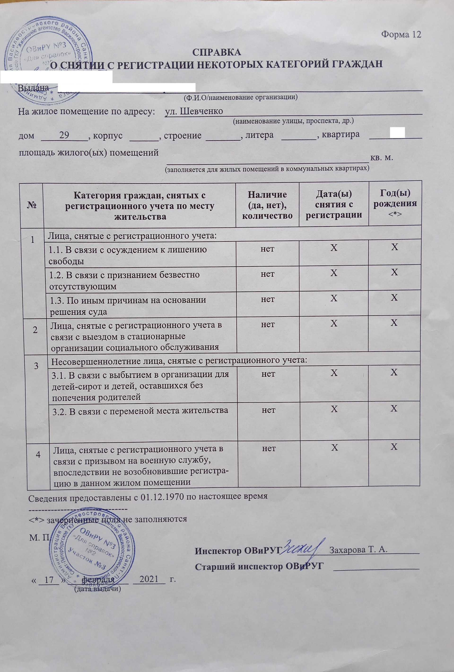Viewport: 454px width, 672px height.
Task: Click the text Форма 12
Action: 401,34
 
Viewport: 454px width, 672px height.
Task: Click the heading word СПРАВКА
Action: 216,52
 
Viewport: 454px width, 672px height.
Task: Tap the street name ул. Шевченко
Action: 194,111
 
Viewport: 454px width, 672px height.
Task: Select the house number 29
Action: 64,135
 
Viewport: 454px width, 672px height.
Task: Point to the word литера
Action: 259,135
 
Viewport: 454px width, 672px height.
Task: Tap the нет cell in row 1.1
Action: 267,249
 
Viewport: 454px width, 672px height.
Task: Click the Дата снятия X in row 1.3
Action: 334,298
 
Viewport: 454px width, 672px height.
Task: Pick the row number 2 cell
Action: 35,330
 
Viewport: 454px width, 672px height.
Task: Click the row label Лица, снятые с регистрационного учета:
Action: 132,236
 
